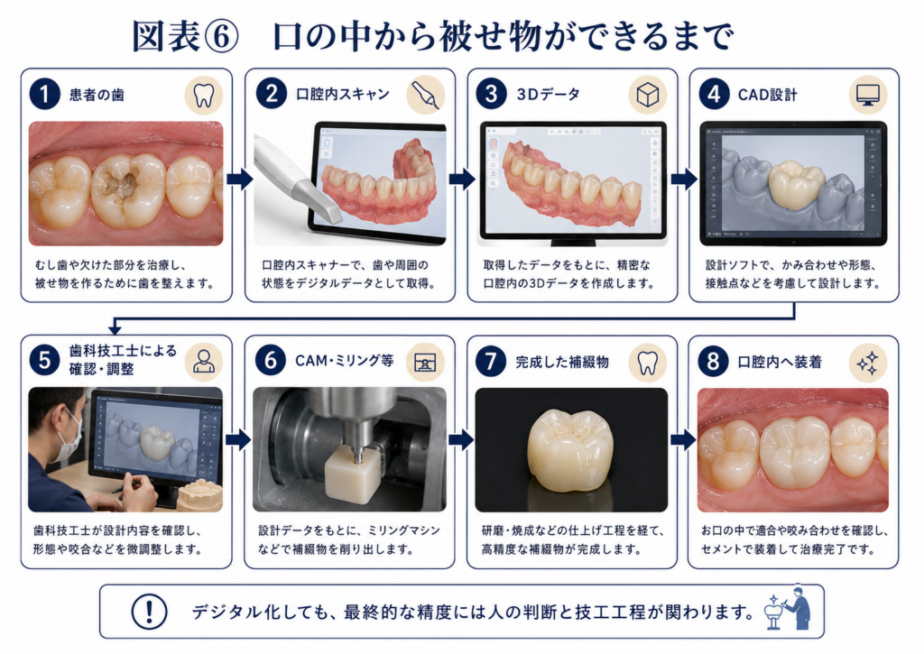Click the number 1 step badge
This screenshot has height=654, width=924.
click(45, 95)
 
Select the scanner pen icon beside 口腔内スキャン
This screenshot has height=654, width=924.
click(426, 95)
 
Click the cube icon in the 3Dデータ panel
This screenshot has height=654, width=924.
click(648, 95)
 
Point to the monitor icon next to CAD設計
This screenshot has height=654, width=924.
click(868, 95)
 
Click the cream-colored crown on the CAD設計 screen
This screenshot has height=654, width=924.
click(796, 183)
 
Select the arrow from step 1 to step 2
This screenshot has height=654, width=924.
click(239, 179)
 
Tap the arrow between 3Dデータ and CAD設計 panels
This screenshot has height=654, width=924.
click(684, 179)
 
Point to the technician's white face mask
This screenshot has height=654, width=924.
click(69, 439)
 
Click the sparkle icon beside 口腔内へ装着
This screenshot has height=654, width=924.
click(868, 363)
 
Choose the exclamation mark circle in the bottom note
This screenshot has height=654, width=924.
click(149, 612)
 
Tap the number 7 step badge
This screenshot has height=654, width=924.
click(491, 361)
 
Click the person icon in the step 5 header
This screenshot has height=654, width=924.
click(204, 362)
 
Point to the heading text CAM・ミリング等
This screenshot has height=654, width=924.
click(344, 361)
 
